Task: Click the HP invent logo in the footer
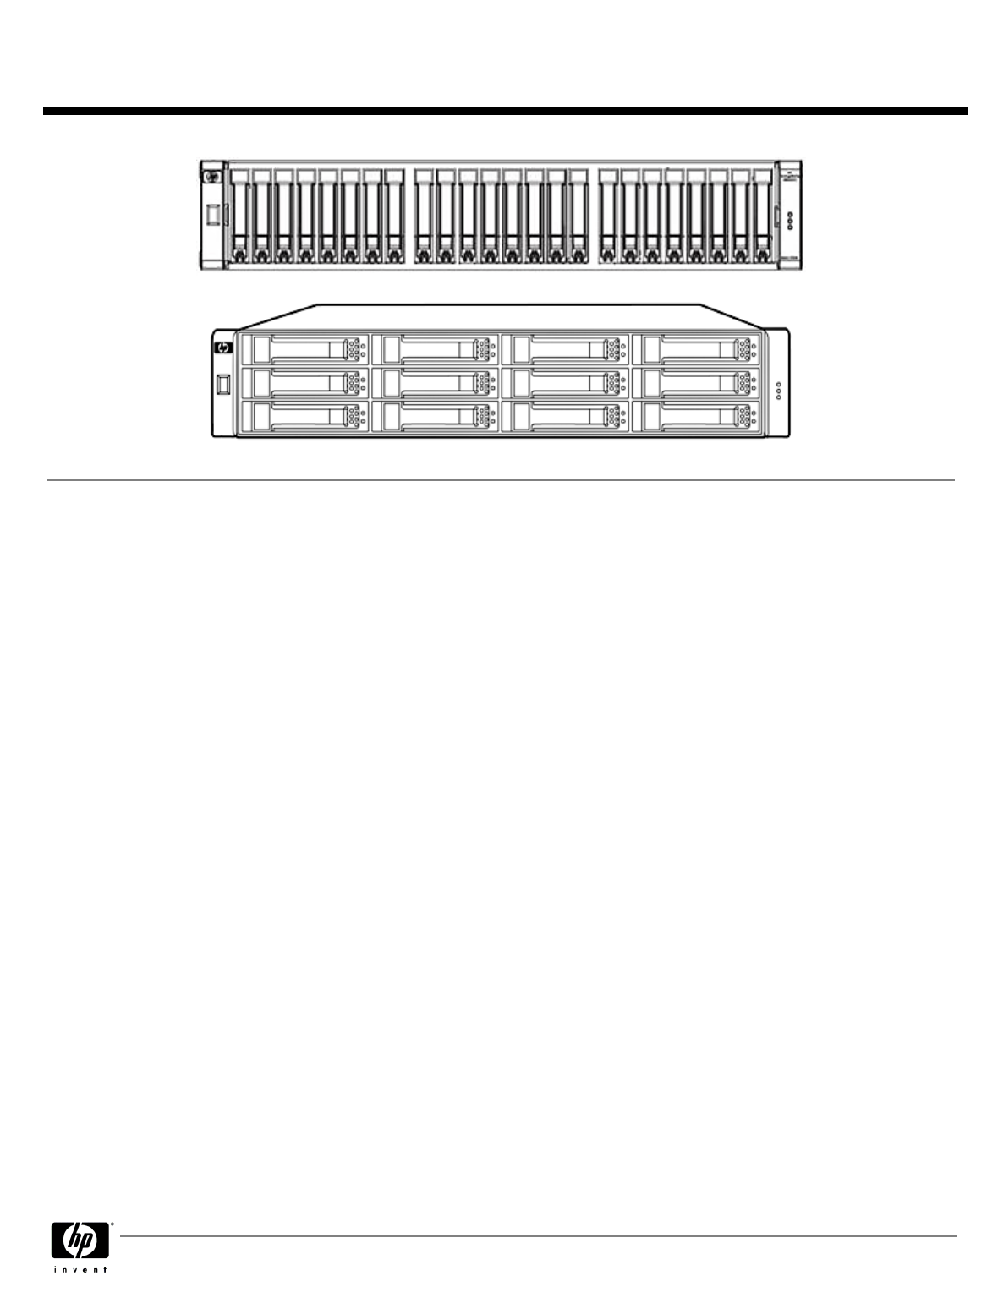82,1245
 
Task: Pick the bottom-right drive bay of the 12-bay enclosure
700,419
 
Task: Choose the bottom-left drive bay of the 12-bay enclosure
304,419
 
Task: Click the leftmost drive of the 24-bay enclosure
240,216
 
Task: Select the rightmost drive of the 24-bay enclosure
762,216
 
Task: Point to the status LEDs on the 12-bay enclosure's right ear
778,391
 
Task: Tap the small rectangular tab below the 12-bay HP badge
223,385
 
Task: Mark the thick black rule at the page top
505,111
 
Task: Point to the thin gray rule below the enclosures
500,480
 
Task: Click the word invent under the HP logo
82,1270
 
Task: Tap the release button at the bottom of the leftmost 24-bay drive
240,254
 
